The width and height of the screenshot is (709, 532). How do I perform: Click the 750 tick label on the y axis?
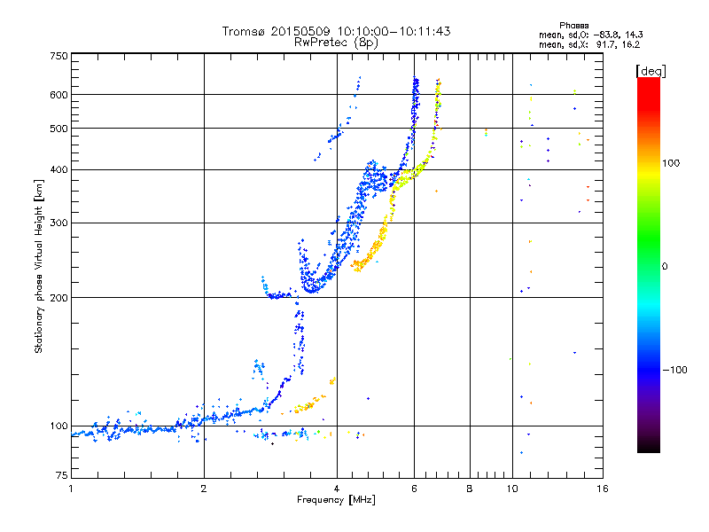point(58,56)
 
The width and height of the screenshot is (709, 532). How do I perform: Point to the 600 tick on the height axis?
point(58,95)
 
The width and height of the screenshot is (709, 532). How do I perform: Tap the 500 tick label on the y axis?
point(58,129)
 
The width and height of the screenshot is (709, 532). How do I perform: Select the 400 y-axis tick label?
point(58,169)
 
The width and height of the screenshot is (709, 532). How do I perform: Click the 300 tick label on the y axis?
point(58,223)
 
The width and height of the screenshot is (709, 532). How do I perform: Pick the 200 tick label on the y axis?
point(58,298)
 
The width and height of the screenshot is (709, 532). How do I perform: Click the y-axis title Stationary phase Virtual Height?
point(39,266)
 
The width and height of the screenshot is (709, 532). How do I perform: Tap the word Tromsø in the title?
point(245,31)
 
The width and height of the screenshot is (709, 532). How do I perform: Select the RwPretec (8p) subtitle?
point(336,42)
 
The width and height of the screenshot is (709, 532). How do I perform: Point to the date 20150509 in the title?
point(301,31)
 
